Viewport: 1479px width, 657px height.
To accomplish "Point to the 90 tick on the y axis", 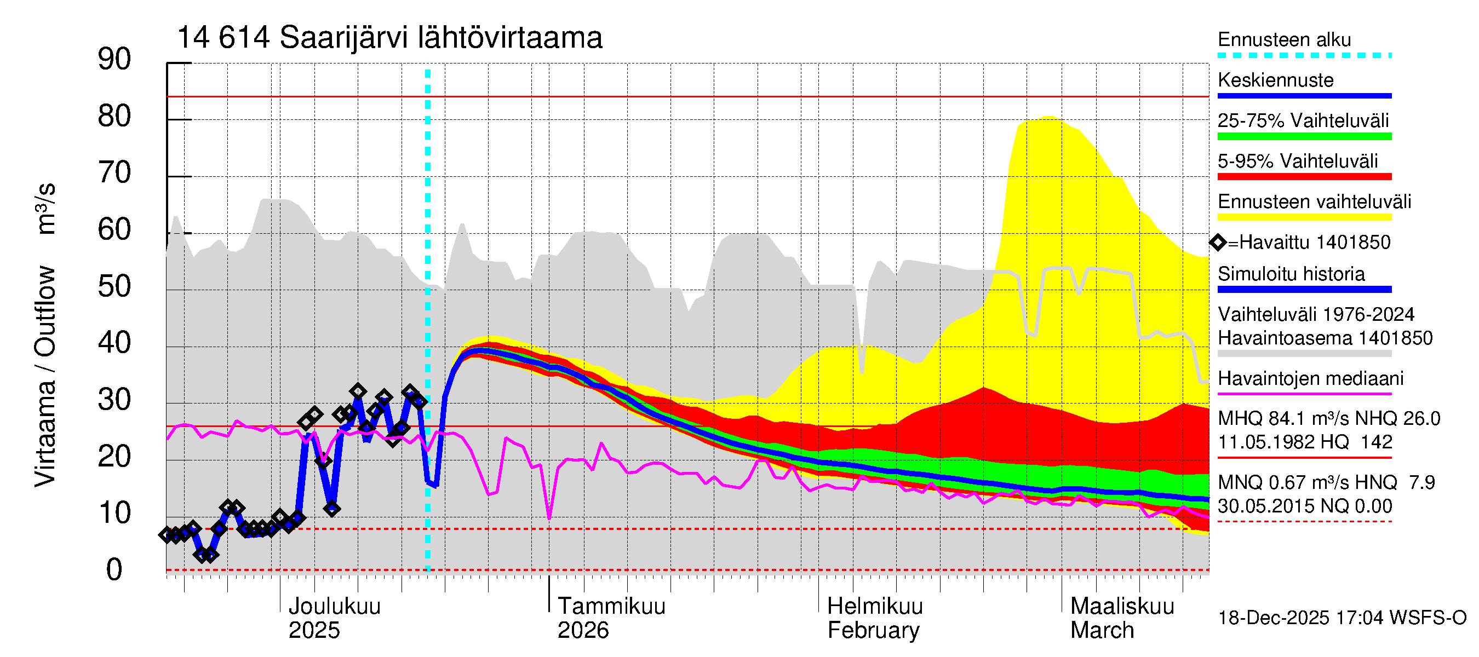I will coord(114,60).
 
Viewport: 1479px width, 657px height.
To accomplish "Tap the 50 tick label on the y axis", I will coord(114,286).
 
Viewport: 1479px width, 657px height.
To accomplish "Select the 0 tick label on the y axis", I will coord(114,570).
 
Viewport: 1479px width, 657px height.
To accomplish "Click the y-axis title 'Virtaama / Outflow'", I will coord(45,376).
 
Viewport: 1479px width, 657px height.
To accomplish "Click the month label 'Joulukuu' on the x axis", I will coord(334,606).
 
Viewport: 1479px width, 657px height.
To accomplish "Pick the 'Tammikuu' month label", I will coord(611,606).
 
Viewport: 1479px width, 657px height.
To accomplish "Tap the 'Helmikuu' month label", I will coord(875,606).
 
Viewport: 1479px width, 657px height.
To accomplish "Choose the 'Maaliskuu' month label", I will coord(1122,606).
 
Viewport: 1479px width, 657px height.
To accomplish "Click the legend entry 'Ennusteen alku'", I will coord(1284,39).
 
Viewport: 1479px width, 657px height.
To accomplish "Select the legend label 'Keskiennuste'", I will coord(1275,80).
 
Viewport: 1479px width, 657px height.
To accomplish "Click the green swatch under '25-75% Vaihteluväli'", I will coord(1304,136).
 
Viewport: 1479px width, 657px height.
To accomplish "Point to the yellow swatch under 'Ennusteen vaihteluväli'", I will coord(1304,217).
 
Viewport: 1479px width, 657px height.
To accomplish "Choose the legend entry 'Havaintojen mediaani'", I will coord(1310,379).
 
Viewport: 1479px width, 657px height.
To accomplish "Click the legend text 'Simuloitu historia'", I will coord(1291,274).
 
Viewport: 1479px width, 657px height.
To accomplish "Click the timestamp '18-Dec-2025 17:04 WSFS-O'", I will coord(1342,618).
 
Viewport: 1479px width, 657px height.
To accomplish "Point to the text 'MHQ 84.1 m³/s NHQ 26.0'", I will coord(1328,419).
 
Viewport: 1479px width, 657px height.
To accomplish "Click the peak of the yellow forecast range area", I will coord(1049,117).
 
